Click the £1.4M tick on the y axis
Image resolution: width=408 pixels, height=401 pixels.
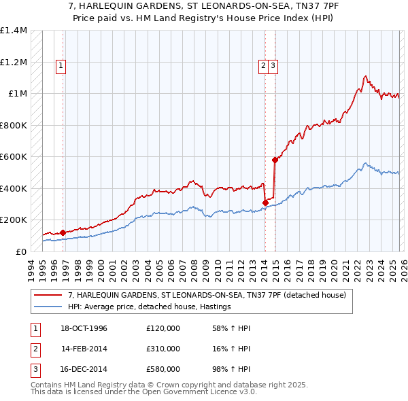coord(14,31)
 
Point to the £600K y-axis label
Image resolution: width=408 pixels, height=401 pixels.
coord(14,157)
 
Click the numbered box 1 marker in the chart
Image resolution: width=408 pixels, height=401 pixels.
coord(61,66)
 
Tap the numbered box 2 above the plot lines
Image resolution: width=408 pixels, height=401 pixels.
coord(262,66)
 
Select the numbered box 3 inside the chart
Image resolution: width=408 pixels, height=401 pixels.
coord(273,66)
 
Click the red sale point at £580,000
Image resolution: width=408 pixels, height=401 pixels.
coord(275,160)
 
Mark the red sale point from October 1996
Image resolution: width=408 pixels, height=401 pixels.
coord(63,232)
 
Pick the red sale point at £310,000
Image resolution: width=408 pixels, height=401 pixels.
coord(265,203)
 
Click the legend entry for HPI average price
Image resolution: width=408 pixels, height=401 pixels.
coord(150,307)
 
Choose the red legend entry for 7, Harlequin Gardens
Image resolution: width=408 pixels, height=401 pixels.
coord(207,295)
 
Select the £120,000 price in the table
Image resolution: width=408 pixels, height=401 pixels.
coord(163,328)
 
